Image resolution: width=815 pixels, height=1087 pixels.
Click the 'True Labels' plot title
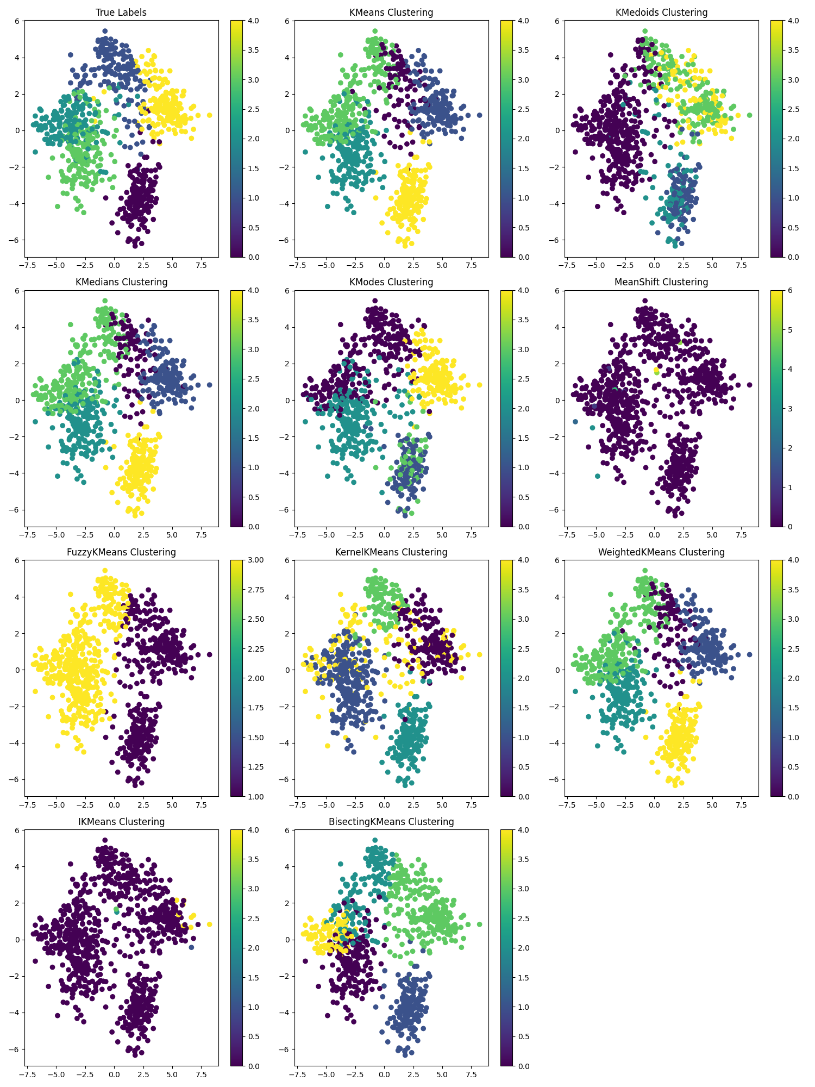click(121, 13)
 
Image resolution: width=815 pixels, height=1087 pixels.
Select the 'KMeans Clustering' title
click(391, 13)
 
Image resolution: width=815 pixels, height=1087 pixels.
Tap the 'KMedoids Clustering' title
click(661, 13)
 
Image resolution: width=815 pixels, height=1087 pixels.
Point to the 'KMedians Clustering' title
click(121, 282)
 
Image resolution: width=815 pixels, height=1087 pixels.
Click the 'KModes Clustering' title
click(391, 282)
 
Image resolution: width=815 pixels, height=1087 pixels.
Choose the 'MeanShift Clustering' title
click(661, 282)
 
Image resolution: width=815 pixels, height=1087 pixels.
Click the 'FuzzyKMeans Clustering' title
click(121, 552)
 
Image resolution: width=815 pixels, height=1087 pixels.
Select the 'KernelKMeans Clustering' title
click(391, 552)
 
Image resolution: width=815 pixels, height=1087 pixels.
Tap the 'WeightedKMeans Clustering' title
click(661, 552)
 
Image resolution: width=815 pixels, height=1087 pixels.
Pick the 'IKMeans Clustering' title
click(121, 822)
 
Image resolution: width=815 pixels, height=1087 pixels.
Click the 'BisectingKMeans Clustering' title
click(391, 822)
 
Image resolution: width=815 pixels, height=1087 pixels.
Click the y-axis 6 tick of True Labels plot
click(17, 21)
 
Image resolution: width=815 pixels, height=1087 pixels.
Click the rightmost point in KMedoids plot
click(749, 115)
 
